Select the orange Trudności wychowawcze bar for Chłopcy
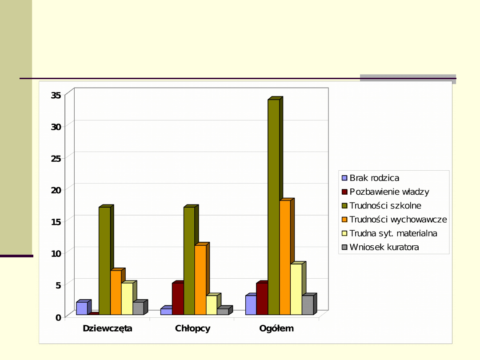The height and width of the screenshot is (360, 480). click(200, 280)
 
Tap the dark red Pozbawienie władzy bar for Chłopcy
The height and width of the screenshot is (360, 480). click(178, 299)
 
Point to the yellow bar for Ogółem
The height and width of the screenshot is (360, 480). click(296, 289)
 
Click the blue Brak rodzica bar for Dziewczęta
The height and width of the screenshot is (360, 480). click(82, 308)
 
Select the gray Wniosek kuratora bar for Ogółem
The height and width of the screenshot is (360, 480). click(308, 305)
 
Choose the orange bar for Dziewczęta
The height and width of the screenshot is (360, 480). click(116, 292)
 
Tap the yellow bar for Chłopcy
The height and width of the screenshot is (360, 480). click(212, 305)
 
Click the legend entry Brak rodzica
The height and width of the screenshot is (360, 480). click(374, 178)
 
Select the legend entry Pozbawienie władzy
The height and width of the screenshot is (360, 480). click(389, 192)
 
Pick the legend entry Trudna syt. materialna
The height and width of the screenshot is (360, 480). click(393, 233)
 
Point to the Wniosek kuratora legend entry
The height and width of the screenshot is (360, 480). click(384, 247)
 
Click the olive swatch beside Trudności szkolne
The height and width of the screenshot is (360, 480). click(344, 206)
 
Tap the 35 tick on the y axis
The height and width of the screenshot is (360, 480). click(56, 95)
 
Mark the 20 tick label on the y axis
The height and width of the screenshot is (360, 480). click(56, 190)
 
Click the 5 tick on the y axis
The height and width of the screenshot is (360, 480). click(58, 285)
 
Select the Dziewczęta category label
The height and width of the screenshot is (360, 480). click(108, 329)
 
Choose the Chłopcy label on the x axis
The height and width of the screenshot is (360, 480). click(192, 329)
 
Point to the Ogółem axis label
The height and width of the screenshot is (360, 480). click(276, 329)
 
